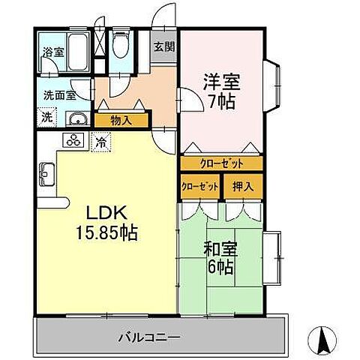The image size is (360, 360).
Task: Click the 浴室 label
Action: (52, 52)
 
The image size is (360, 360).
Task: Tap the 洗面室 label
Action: (59, 95)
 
